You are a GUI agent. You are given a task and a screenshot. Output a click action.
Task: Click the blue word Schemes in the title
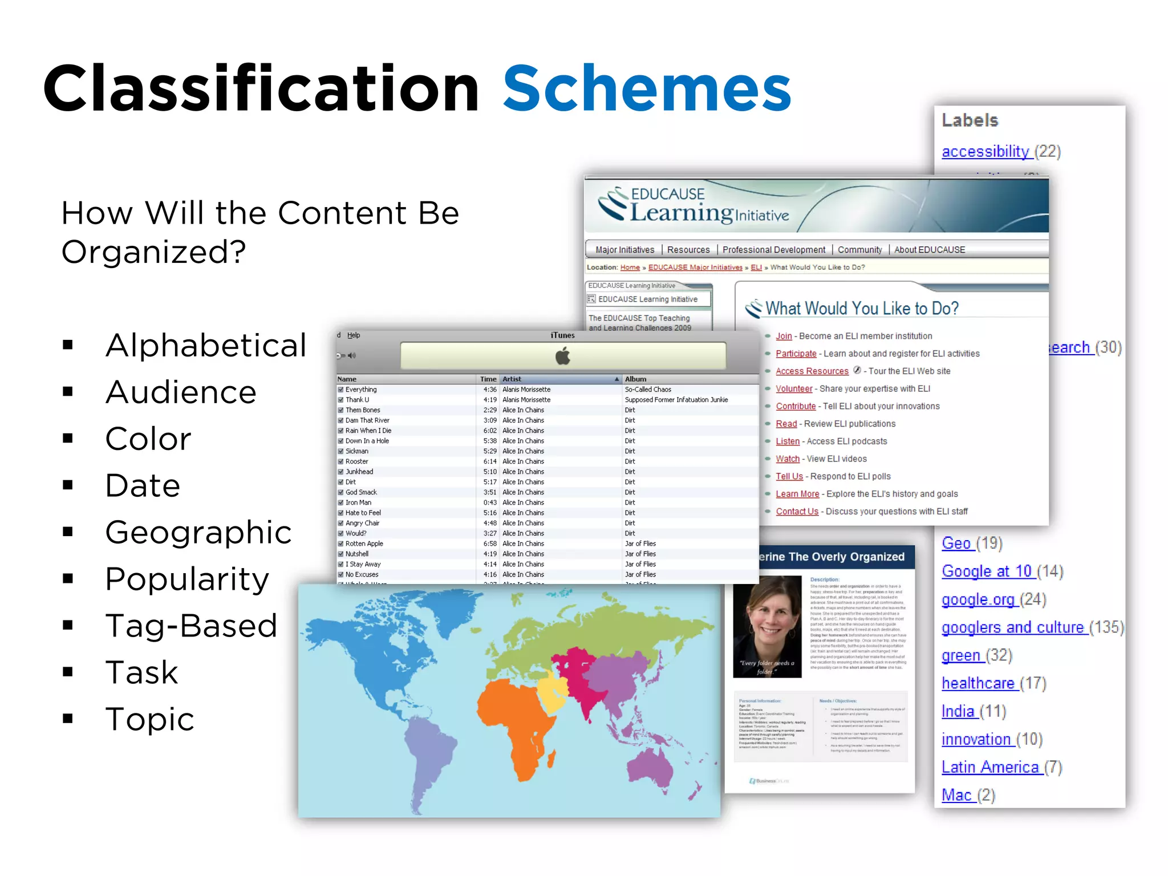pyautogui.click(x=647, y=89)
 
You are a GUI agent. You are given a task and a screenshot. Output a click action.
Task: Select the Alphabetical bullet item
pyautogui.click(x=206, y=345)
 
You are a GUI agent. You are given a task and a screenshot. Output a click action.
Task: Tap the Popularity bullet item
pyautogui.click(x=187, y=579)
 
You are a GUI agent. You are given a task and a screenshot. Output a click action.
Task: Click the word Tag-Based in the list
pyautogui.click(x=191, y=626)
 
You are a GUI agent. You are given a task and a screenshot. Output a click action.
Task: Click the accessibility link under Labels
pyautogui.click(x=985, y=152)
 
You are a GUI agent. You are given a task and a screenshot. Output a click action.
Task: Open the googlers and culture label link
pyautogui.click(x=1012, y=627)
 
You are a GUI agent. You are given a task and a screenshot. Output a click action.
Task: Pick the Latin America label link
pyautogui.click(x=990, y=767)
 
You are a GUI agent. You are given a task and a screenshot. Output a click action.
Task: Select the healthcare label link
pyautogui.click(x=978, y=683)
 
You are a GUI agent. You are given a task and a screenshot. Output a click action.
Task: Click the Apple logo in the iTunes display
pyautogui.click(x=563, y=356)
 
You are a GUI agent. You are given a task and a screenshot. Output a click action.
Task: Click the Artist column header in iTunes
pyautogui.click(x=512, y=379)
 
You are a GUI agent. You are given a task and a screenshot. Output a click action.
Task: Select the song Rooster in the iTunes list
pyautogui.click(x=357, y=461)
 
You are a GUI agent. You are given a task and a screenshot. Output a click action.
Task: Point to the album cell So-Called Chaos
pyautogui.click(x=648, y=390)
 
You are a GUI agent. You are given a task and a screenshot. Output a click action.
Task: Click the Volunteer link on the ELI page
pyautogui.click(x=794, y=389)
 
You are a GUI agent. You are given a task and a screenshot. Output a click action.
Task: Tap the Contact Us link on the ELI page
pyautogui.click(x=797, y=512)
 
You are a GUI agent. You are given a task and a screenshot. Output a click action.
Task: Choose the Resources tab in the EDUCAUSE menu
pyautogui.click(x=688, y=250)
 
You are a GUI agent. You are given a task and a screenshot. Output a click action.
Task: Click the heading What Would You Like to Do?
pyautogui.click(x=861, y=309)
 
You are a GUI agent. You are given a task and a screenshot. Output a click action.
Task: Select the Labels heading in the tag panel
pyautogui.click(x=970, y=120)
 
